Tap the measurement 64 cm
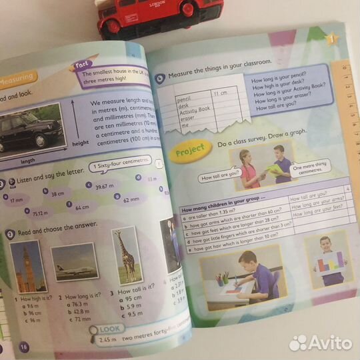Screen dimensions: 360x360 click(82, 207)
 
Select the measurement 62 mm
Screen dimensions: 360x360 click(131, 199)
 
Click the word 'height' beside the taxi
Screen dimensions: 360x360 click(81, 143)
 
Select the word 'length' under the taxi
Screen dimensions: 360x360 click(29, 161)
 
